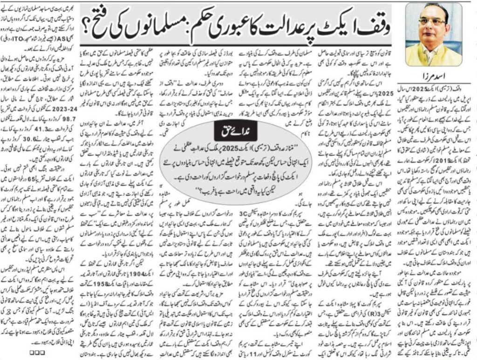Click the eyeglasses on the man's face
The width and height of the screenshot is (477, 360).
coord(432,21)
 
